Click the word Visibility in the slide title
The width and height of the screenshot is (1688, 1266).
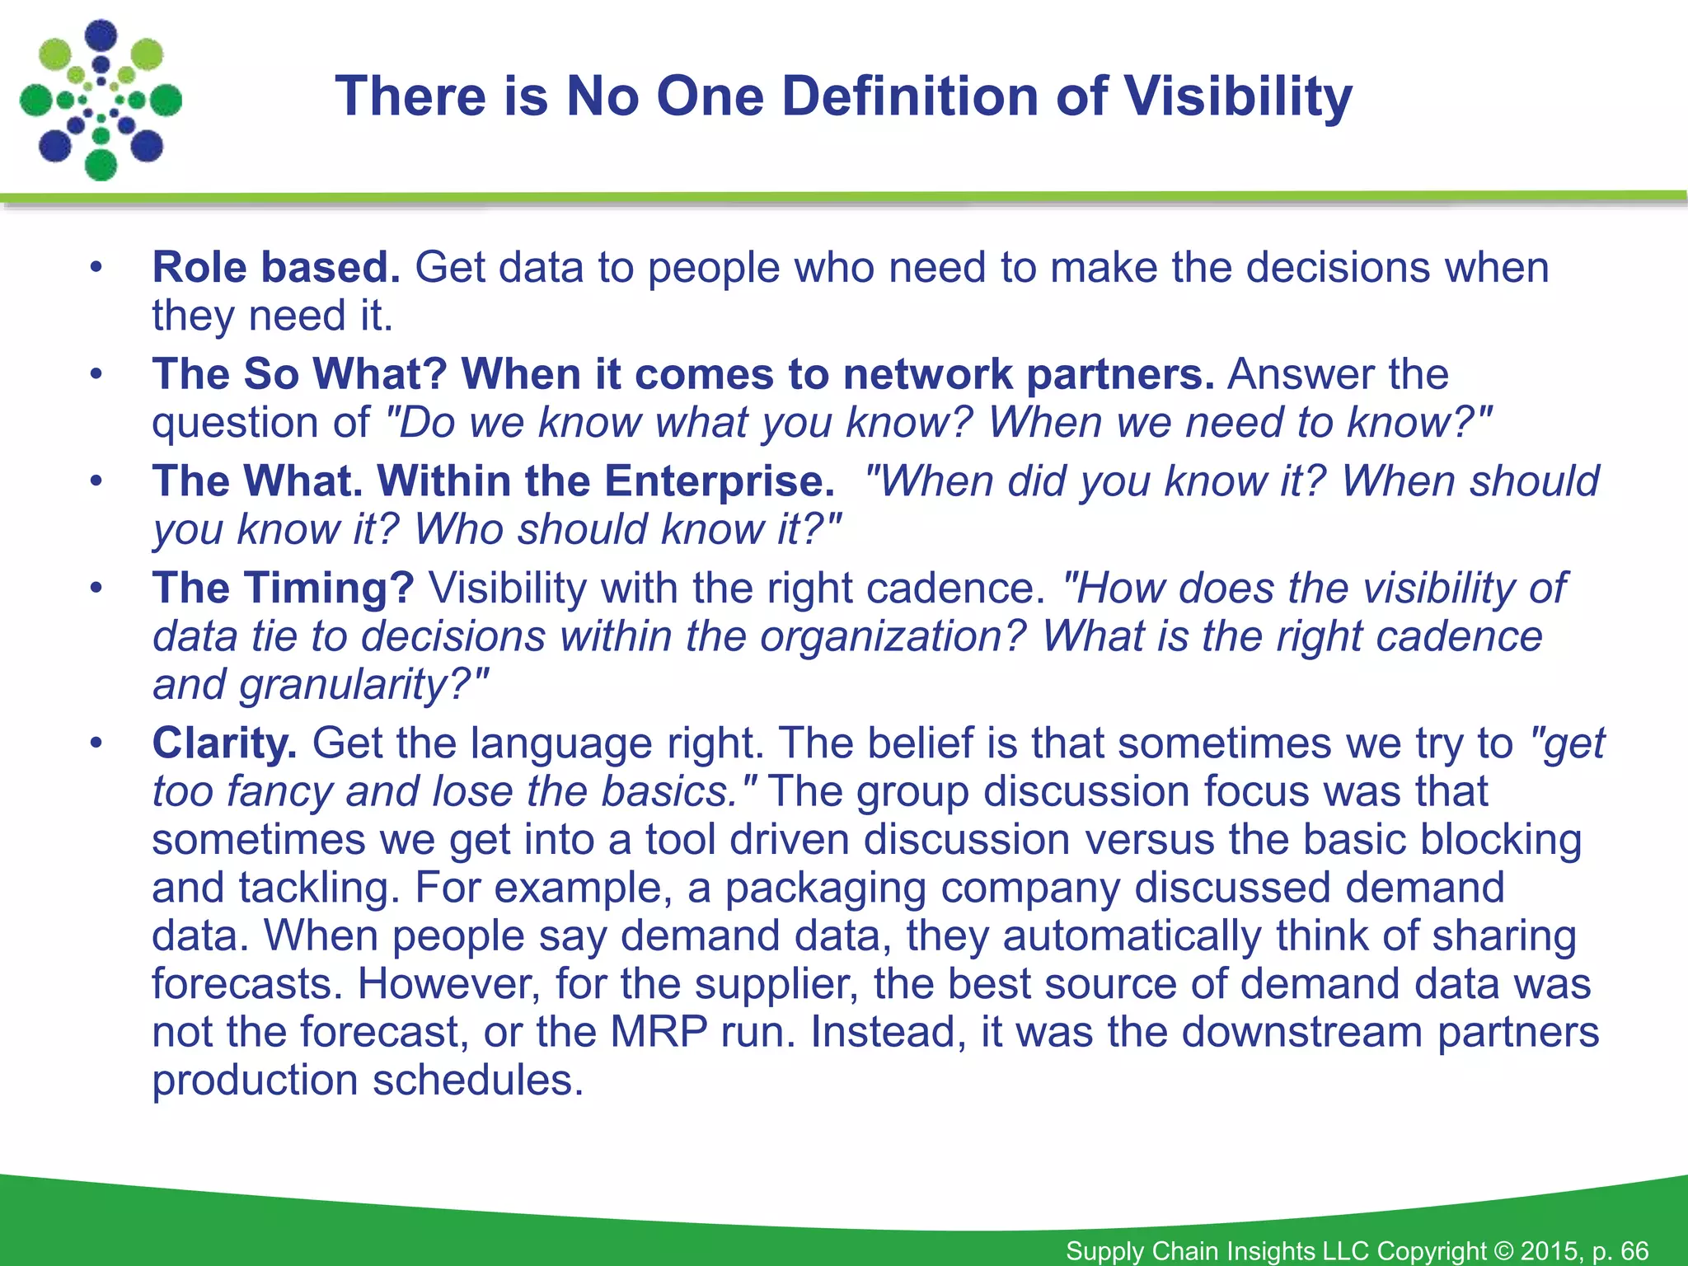tap(1238, 96)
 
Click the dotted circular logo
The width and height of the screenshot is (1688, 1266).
tap(101, 100)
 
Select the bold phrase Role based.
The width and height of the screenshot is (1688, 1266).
tap(276, 268)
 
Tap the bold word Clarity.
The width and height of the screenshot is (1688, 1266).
tap(224, 743)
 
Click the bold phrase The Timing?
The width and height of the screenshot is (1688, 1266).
tap(283, 588)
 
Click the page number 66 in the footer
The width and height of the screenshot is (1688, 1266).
tap(1634, 1250)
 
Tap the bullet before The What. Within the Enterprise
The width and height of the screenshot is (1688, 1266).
tap(96, 481)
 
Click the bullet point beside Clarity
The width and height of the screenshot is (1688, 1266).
tap(96, 743)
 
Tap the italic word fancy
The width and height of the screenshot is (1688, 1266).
tap(279, 792)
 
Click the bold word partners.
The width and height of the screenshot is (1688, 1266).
tap(1119, 375)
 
